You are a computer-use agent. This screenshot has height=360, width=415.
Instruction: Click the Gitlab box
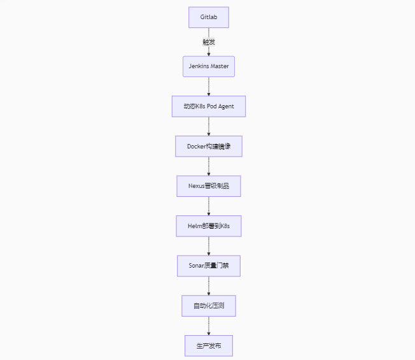tap(209, 17)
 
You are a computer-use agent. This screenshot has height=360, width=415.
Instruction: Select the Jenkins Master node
tap(209, 66)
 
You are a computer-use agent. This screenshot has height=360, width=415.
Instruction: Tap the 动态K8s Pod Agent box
tap(209, 106)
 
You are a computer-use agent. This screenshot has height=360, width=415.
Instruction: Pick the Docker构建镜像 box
tap(209, 147)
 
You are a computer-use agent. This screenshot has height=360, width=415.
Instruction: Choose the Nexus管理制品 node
tap(209, 186)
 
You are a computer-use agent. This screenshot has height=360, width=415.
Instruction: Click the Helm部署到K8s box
tap(209, 226)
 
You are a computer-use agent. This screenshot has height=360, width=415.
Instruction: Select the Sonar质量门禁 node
tap(209, 266)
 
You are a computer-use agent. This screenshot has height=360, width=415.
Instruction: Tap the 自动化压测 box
tap(209, 306)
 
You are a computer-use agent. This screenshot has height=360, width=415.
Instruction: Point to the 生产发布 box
tap(209, 345)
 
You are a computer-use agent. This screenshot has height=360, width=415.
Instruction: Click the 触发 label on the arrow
tap(209, 42)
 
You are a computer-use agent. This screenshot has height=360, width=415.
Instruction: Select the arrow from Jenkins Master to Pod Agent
tap(209, 87)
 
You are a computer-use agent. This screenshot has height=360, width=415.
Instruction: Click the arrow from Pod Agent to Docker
tap(209, 126)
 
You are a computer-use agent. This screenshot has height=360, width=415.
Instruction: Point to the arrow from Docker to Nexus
tap(209, 166)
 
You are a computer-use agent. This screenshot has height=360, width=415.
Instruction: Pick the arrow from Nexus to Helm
tap(209, 206)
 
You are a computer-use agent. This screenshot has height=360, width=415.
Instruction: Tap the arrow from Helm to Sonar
tap(209, 246)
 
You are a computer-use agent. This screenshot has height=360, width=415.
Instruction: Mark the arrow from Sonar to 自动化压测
tap(209, 285)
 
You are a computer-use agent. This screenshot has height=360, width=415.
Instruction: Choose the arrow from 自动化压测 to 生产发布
tap(209, 326)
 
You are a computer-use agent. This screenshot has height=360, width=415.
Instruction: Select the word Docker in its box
tap(196, 147)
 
